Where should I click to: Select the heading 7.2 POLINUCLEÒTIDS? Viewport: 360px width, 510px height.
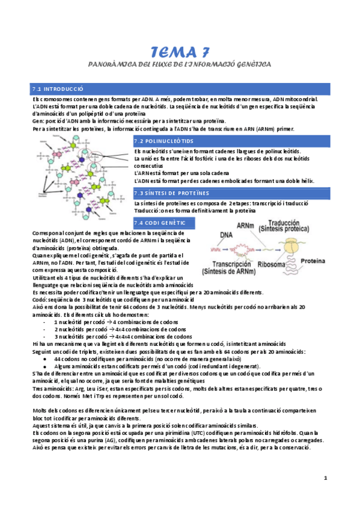(x=160, y=140)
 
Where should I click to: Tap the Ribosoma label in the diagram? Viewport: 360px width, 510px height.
(x=273, y=263)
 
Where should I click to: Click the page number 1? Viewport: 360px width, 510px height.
(x=325, y=478)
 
